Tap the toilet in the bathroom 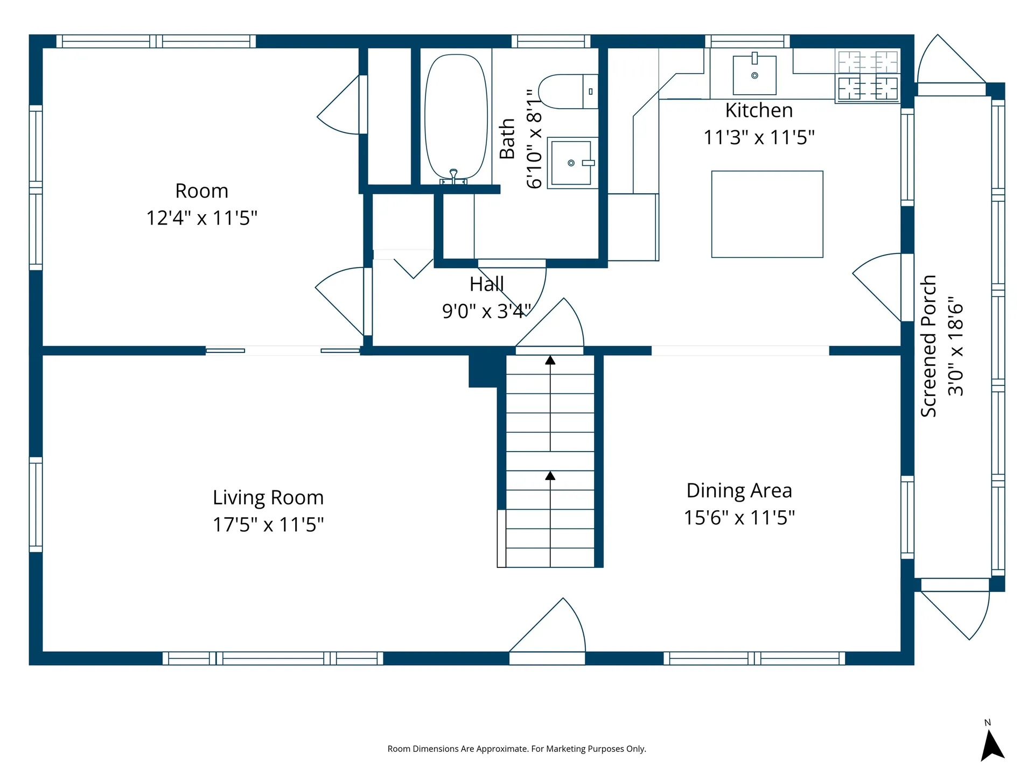pos(568,91)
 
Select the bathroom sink pos(572,163)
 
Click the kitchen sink pos(754,75)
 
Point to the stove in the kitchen pos(868,76)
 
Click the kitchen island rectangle pos(767,214)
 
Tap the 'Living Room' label pos(268,498)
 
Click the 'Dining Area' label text pos(739,490)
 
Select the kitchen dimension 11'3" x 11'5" pos(759,137)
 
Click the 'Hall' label pos(487,284)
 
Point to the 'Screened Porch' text pos(928,346)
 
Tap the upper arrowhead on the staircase pos(550,360)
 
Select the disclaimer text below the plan pos(517,749)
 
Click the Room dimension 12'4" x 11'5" pos(202,218)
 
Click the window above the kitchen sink pos(747,41)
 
